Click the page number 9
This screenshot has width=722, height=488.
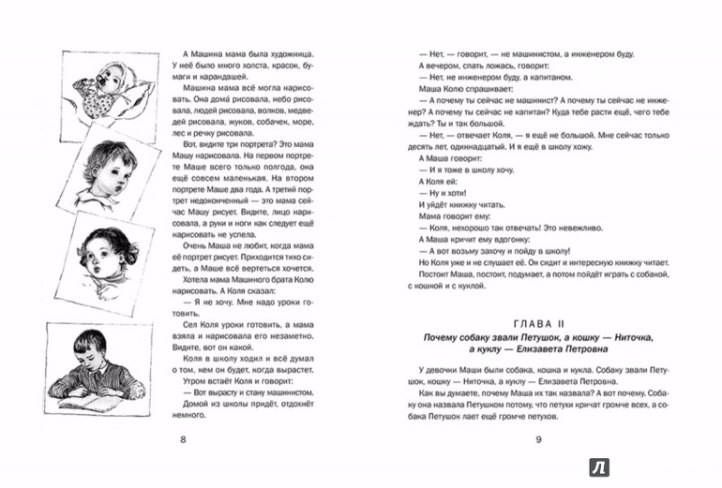pyautogui.click(x=538, y=437)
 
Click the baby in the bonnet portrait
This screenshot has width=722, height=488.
pyautogui.click(x=93, y=84)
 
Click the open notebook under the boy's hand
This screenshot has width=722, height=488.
pyautogui.click(x=80, y=398)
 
